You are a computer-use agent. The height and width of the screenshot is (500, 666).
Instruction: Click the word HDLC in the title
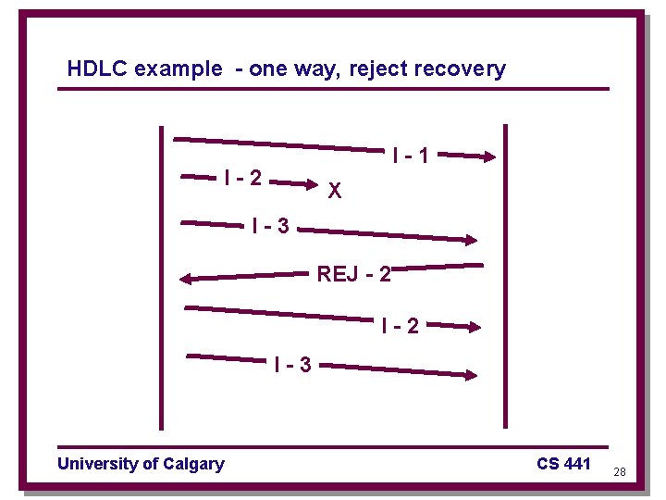tap(98, 69)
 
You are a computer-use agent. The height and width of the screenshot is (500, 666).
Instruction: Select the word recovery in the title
tap(462, 69)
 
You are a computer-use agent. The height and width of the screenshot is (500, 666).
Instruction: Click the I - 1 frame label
tap(410, 156)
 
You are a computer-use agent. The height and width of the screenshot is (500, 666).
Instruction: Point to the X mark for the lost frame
tap(335, 192)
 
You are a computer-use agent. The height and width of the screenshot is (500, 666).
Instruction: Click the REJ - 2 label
tap(354, 274)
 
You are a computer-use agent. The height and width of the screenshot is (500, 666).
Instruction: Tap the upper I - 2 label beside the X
tap(242, 176)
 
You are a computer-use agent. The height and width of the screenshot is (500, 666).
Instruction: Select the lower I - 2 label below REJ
tap(400, 326)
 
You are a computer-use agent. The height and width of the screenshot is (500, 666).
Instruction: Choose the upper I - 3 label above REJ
tap(270, 225)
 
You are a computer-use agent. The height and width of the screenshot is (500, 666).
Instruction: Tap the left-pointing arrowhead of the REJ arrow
tap(188, 278)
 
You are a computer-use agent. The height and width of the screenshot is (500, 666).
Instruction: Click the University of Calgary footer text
tap(141, 464)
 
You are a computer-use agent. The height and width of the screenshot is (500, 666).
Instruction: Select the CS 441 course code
tap(562, 464)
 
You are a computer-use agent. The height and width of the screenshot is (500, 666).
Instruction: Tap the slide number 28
tap(620, 472)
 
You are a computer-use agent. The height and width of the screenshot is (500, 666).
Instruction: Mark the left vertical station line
tap(162, 278)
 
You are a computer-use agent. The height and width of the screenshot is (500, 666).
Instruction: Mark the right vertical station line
tap(505, 278)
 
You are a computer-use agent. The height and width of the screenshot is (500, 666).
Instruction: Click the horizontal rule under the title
tap(333, 90)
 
